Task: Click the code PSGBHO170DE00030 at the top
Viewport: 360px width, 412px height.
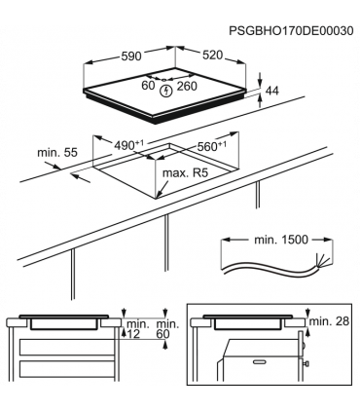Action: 293,30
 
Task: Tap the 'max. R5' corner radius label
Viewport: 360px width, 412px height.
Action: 188,173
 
